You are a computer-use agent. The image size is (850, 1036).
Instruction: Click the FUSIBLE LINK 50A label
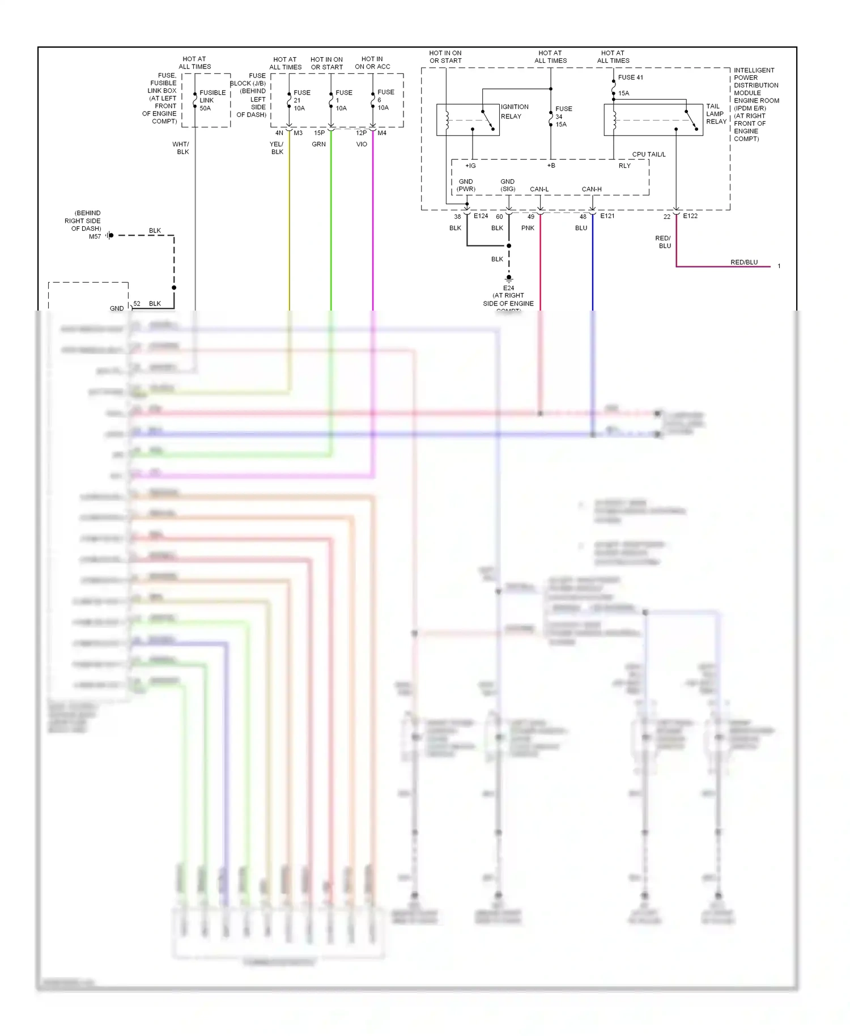pyautogui.click(x=212, y=100)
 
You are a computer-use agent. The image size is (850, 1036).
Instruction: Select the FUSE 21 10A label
pyautogui.click(x=301, y=100)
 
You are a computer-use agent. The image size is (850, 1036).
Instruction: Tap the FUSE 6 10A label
pyautogui.click(x=385, y=100)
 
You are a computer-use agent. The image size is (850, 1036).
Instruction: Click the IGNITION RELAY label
pyautogui.click(x=514, y=112)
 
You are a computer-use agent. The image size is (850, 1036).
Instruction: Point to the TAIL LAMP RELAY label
pyautogui.click(x=716, y=114)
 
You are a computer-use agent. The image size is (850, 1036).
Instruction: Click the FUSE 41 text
pyautogui.click(x=630, y=78)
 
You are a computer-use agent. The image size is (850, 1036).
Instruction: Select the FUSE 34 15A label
pyautogui.click(x=563, y=117)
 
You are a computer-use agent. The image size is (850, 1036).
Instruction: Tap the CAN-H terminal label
pyautogui.click(x=591, y=189)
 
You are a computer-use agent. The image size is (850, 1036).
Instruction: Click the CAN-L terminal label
pyautogui.click(x=539, y=189)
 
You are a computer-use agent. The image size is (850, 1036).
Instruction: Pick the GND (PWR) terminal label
pyautogui.click(x=466, y=185)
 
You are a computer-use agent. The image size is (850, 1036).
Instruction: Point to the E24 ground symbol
pyautogui.click(x=508, y=279)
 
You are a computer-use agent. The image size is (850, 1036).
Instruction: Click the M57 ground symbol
pyautogui.click(x=109, y=235)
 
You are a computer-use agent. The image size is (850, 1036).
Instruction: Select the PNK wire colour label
pyautogui.click(x=528, y=228)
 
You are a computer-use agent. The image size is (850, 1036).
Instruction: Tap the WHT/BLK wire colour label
pyautogui.click(x=181, y=148)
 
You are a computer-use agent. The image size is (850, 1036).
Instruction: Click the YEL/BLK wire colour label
pyautogui.click(x=277, y=148)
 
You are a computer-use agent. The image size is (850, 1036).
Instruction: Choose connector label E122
pyautogui.click(x=690, y=216)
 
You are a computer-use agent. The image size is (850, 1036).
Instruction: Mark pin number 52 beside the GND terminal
pyautogui.click(x=137, y=304)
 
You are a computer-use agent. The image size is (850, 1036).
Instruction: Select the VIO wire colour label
pyautogui.click(x=362, y=145)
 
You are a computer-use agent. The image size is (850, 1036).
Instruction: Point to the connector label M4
pyautogui.click(x=382, y=133)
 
